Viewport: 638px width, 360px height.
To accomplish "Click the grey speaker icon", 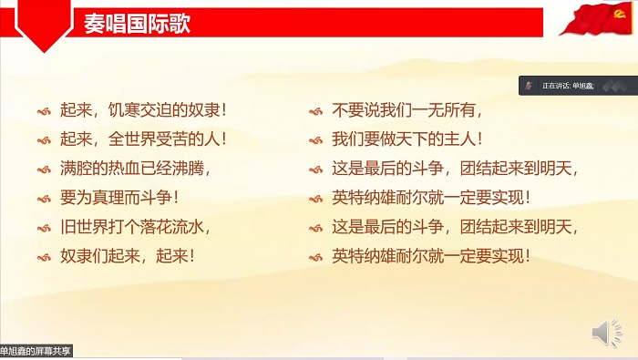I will tap(606, 332).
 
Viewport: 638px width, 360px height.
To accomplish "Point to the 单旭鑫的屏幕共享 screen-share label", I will tap(36, 351).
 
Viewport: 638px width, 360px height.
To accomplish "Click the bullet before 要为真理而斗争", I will tap(43, 198).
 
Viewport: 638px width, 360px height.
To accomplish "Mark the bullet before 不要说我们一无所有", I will tap(315, 111).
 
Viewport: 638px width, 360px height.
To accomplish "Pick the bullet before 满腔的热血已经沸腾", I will tap(43, 169).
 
